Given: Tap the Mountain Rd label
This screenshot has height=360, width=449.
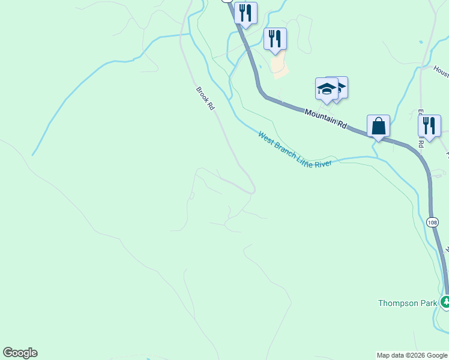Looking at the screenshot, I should coord(325,118).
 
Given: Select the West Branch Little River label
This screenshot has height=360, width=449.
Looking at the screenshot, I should coord(295,151).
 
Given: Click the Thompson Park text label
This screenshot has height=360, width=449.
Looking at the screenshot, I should coord(408,303).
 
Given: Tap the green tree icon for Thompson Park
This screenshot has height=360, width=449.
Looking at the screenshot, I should coord(445,302).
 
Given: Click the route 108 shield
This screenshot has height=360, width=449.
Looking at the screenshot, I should coord(432,222).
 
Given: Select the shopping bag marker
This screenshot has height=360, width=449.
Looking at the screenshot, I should coord(378,126).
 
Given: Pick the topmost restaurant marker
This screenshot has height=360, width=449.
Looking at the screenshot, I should coord(246,13).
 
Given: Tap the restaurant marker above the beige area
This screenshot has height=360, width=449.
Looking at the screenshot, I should coord(275,38).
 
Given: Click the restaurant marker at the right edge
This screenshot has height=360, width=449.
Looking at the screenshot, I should coord(429,125).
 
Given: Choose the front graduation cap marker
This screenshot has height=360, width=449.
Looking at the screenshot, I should coord(327,89).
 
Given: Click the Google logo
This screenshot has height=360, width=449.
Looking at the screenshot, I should coord(20,353).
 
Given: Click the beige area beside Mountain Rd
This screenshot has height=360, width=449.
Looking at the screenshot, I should coord(279,66).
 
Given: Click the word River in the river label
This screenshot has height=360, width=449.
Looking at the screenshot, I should coord(321,163).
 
